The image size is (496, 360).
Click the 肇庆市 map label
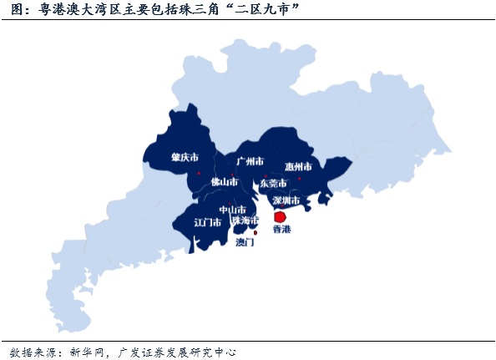pos(185,157)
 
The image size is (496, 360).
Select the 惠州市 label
pos(297,166)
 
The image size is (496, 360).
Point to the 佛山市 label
pos(224,181)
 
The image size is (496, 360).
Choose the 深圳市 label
pos(286,200)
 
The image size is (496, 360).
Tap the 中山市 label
pos(232,210)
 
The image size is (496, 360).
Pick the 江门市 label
pos(207,222)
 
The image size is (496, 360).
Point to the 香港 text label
pos(281,229)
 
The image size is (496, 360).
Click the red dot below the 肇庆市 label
pos(199,173)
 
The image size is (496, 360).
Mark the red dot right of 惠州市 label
pos(299,178)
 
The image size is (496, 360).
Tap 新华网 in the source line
pos(88,352)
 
